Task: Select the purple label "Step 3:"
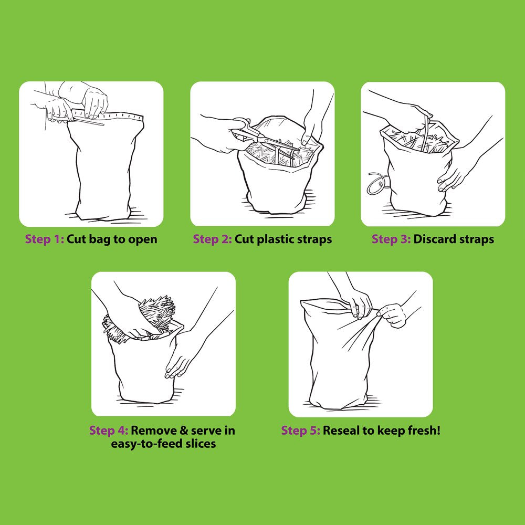(391, 239)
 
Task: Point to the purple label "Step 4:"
(109, 430)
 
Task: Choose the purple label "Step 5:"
(300, 430)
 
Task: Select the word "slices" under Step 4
(199, 444)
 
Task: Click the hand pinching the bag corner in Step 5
(392, 314)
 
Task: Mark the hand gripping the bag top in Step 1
(94, 102)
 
